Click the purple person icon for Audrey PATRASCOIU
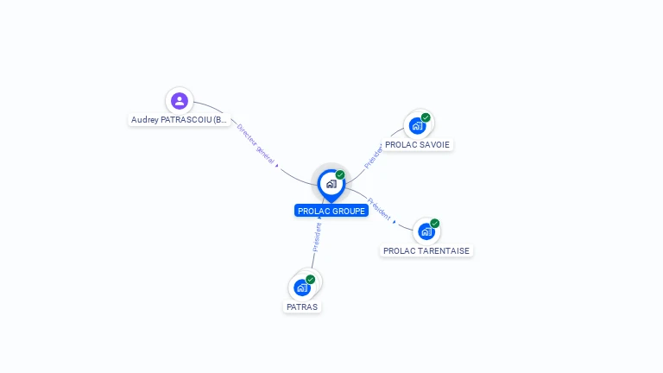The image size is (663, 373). pos(179,101)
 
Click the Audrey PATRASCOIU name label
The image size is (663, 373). pos(180,120)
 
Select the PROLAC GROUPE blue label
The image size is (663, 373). pos(331,211)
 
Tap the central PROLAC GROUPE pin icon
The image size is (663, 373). pos(331,184)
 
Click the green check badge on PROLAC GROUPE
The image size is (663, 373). pos(340,174)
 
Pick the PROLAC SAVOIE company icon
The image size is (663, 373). pos(418,126)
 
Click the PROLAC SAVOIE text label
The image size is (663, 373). pos(417,144)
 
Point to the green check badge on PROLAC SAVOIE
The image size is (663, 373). pos(426,117)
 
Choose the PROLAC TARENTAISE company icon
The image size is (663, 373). pos(426,231)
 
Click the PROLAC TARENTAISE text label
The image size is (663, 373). pos(426,250)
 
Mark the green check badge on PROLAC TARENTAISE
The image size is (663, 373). pos(435,223)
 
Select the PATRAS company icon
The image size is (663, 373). pos(301,288)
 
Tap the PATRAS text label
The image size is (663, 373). pos(302,307)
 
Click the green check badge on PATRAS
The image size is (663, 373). pos(311,279)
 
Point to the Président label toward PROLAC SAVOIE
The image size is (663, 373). pos(374,154)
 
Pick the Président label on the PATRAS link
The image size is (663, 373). pos(317,237)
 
